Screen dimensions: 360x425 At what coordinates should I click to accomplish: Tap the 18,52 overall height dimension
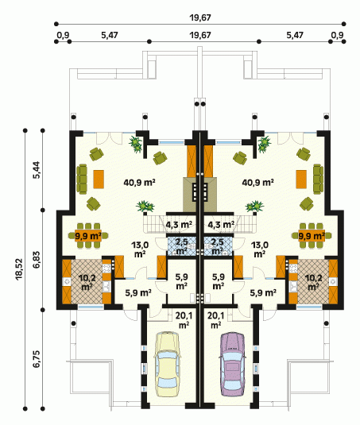click(x=19, y=269)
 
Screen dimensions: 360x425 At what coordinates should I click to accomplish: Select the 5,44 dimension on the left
click(x=36, y=170)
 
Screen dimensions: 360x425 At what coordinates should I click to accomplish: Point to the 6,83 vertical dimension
click(x=36, y=260)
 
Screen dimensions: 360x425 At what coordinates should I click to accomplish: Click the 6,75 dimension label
click(x=36, y=359)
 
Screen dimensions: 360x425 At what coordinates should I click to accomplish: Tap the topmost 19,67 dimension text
click(x=200, y=17)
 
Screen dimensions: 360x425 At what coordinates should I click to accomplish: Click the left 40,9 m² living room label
click(x=139, y=183)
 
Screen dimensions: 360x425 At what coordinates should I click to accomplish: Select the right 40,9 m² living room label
click(x=257, y=183)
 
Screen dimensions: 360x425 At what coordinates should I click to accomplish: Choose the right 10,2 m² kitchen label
click(x=313, y=283)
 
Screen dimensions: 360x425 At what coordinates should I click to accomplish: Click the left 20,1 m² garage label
click(x=184, y=320)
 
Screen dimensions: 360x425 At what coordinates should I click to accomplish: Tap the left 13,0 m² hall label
click(x=140, y=249)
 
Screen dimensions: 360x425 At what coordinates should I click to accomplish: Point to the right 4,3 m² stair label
click(x=221, y=225)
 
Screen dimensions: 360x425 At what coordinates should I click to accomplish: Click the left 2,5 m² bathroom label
click(x=182, y=246)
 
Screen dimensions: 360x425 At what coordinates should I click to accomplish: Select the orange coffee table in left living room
click(x=99, y=180)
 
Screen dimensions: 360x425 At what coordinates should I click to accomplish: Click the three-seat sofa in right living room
click(x=318, y=180)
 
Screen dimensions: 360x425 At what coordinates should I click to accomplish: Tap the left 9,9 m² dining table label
click(x=88, y=236)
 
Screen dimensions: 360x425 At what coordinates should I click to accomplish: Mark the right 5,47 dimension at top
click(x=295, y=35)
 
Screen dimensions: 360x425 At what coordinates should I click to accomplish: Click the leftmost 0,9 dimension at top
click(x=63, y=35)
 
